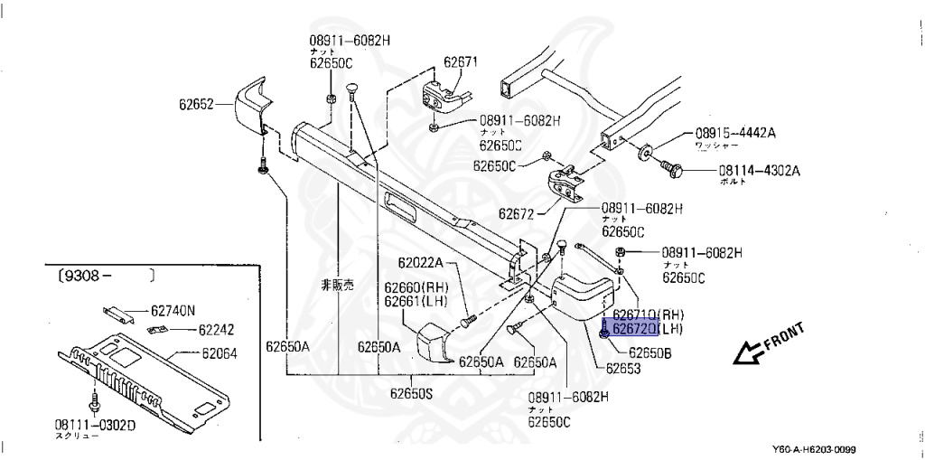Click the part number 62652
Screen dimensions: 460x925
click(x=194, y=104)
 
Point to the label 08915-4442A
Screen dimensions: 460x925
click(x=734, y=133)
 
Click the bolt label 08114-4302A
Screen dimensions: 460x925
click(x=760, y=169)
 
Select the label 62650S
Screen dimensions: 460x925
click(x=412, y=392)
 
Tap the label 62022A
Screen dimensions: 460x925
click(x=421, y=263)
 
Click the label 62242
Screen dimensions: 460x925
click(x=216, y=330)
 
